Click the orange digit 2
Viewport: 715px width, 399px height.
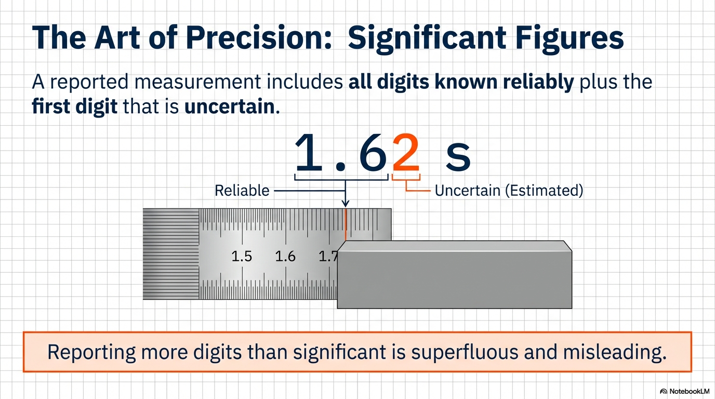pos(406,153)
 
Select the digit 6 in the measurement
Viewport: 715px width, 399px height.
pos(373,153)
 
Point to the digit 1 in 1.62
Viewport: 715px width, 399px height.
pos(308,153)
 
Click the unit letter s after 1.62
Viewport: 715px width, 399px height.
pos(458,157)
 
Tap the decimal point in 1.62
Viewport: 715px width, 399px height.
pos(341,166)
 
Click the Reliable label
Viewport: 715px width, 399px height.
pos(242,191)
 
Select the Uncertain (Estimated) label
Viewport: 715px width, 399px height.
pos(509,191)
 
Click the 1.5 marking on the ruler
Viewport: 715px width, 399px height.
pos(242,256)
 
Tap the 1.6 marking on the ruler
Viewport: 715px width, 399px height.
pos(285,256)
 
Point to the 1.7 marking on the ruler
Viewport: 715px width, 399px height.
pos(328,256)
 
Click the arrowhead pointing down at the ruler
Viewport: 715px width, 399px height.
pos(345,203)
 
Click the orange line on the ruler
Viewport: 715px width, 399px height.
pos(346,224)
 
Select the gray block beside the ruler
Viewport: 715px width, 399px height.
pos(455,275)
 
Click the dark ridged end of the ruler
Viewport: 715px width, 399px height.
pos(171,254)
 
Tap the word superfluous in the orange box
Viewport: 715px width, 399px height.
pos(465,352)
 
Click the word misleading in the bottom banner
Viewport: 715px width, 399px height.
pos(614,352)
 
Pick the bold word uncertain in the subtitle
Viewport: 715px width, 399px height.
pos(230,107)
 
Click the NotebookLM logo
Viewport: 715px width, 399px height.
pos(684,391)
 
